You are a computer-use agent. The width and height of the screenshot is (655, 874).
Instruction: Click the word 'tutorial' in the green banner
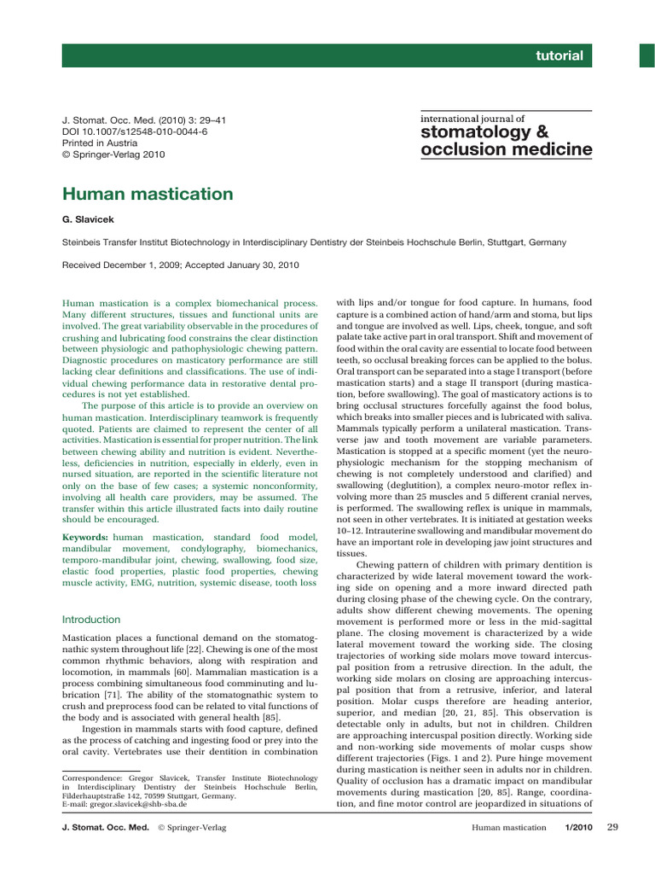click(559, 56)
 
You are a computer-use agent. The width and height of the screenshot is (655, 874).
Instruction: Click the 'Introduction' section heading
click(92, 619)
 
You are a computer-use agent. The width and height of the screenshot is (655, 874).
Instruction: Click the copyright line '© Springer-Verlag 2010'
click(113, 154)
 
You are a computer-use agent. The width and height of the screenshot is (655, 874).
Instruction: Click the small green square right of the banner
click(646, 55)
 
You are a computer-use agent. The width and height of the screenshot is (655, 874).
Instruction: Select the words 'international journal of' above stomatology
click(472, 119)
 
